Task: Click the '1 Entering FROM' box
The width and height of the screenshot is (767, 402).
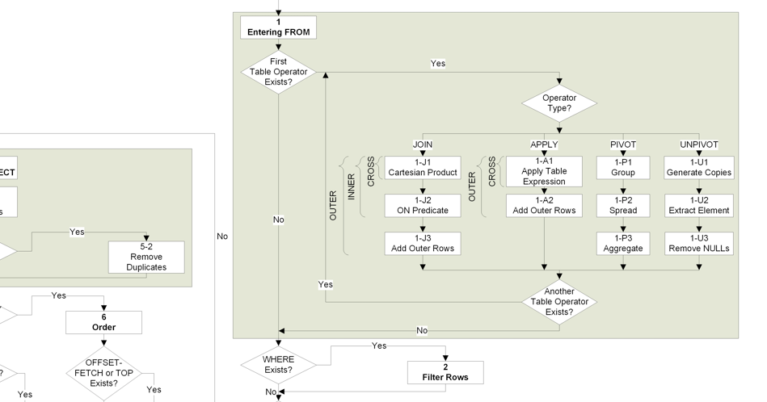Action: [278, 27]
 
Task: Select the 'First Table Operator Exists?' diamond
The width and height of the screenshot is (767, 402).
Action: [278, 72]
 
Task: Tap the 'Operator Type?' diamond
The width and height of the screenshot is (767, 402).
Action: [559, 103]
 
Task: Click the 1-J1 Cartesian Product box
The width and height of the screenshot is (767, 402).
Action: [423, 168]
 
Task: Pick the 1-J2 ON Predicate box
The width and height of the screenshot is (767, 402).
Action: [423, 206]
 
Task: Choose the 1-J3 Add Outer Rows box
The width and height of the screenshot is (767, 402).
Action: [423, 243]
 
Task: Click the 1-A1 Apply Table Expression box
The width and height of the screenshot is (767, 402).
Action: [544, 171]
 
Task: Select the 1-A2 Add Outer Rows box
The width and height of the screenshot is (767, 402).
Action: [544, 206]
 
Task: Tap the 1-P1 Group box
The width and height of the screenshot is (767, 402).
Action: [623, 168]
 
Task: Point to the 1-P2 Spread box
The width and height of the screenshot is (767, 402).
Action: [623, 206]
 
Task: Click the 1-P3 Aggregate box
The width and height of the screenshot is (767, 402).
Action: [623, 243]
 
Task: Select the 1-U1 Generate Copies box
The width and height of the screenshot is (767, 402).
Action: [699, 168]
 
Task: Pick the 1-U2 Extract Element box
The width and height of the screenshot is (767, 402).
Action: [699, 206]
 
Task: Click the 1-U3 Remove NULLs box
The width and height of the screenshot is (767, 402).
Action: [699, 243]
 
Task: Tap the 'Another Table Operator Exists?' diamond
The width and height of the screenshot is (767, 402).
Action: [559, 302]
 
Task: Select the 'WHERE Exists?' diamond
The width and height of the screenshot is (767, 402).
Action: [278, 365]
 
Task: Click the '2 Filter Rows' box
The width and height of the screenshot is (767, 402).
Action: [445, 372]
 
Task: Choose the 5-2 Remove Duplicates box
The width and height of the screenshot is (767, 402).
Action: [146, 257]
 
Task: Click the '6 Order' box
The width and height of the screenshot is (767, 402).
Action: [103, 322]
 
